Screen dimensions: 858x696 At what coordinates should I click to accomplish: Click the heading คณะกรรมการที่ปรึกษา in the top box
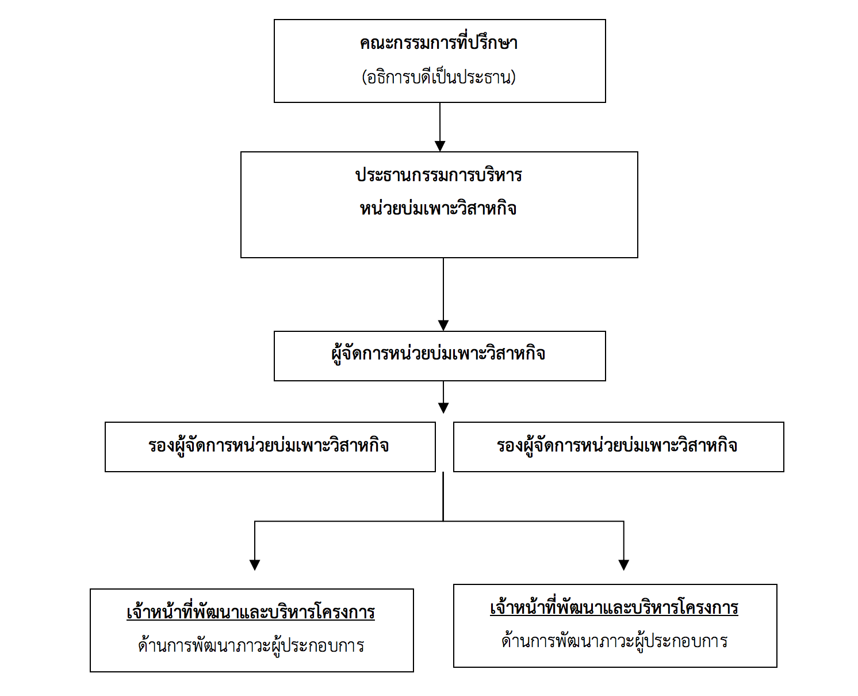(x=439, y=43)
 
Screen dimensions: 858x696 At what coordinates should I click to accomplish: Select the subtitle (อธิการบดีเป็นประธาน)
(x=439, y=77)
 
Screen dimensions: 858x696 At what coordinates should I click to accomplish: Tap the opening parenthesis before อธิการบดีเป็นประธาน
(x=364, y=77)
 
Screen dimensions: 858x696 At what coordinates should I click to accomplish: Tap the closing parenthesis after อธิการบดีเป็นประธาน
(x=513, y=77)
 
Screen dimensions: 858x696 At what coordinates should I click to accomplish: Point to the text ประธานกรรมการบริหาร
(x=439, y=175)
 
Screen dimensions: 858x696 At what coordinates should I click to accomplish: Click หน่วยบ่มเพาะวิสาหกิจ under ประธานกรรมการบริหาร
(x=438, y=208)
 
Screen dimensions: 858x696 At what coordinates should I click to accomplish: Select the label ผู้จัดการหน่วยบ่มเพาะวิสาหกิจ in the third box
(x=438, y=354)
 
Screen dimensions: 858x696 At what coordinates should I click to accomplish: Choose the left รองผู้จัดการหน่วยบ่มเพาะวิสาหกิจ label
(x=269, y=445)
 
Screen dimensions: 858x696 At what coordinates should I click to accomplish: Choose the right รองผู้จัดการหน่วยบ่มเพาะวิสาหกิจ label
(x=617, y=445)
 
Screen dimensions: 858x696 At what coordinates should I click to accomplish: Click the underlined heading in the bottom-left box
(x=251, y=611)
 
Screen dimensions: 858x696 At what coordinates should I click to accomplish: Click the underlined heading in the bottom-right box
(x=614, y=607)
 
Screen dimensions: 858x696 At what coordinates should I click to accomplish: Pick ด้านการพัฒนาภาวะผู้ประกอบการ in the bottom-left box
(x=251, y=645)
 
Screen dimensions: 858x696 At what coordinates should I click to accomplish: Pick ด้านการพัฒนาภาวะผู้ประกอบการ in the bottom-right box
(x=614, y=640)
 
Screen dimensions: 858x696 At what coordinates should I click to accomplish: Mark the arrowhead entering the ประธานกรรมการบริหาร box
(x=440, y=146)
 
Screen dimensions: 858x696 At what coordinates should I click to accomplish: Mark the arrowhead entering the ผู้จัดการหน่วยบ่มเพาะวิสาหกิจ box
(x=443, y=326)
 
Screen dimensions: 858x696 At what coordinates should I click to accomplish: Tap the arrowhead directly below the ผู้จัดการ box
(x=443, y=408)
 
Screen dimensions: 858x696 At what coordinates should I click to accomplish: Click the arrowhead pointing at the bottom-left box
(x=255, y=565)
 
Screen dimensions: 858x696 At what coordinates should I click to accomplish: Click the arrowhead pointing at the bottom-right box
(x=623, y=565)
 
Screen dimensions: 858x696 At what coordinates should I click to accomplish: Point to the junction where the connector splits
(x=443, y=521)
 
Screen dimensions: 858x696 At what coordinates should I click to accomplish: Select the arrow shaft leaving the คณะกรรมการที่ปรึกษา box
(x=440, y=121)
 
